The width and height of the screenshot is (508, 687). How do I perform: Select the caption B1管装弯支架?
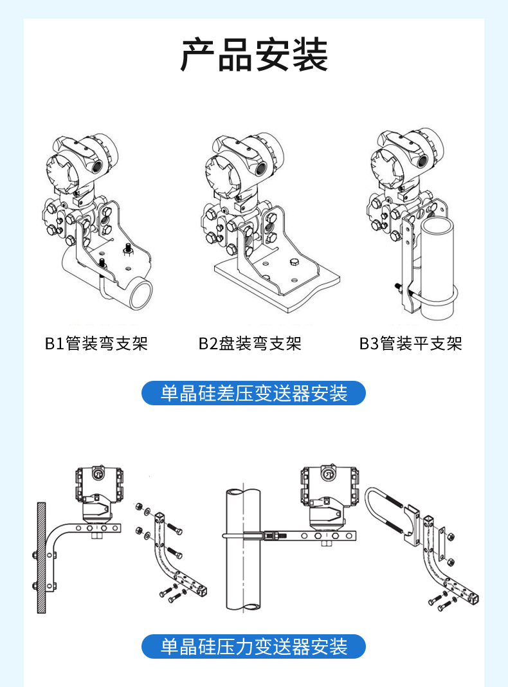96,343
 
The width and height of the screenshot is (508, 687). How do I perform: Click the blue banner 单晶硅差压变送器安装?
253,393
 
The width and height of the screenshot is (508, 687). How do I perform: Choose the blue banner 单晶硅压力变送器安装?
253,646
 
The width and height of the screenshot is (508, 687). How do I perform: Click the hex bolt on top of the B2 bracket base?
294,262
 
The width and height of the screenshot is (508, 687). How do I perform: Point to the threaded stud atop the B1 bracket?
127,248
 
